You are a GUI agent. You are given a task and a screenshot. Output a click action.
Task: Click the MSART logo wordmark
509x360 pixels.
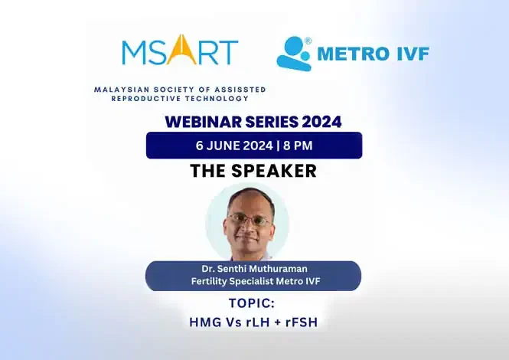point(180,51)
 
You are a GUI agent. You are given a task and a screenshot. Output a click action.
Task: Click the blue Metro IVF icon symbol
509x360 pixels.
point(292,54)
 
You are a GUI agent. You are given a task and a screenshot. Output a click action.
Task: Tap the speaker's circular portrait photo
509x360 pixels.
point(248,222)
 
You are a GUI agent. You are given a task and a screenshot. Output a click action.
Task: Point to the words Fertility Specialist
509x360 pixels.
point(227,281)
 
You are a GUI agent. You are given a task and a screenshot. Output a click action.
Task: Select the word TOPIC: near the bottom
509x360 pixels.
point(253,304)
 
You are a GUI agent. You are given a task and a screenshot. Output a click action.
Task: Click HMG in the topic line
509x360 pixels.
point(204,322)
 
